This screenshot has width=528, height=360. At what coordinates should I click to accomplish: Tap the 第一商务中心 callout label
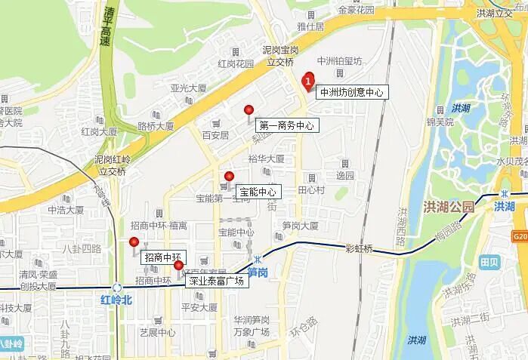286,125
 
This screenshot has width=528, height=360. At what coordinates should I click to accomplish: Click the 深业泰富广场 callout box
217,280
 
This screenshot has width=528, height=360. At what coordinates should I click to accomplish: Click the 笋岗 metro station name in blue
259,272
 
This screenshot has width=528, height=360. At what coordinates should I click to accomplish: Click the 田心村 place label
311,190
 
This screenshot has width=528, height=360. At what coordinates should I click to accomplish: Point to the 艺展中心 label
158,332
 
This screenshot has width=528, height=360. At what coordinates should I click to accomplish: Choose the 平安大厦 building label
199,308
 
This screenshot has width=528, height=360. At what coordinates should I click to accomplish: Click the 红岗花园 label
235,64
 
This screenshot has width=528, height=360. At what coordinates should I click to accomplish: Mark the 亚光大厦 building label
188,88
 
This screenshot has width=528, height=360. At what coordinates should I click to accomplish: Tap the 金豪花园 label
356,11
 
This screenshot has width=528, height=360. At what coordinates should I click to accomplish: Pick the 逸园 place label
344,175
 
